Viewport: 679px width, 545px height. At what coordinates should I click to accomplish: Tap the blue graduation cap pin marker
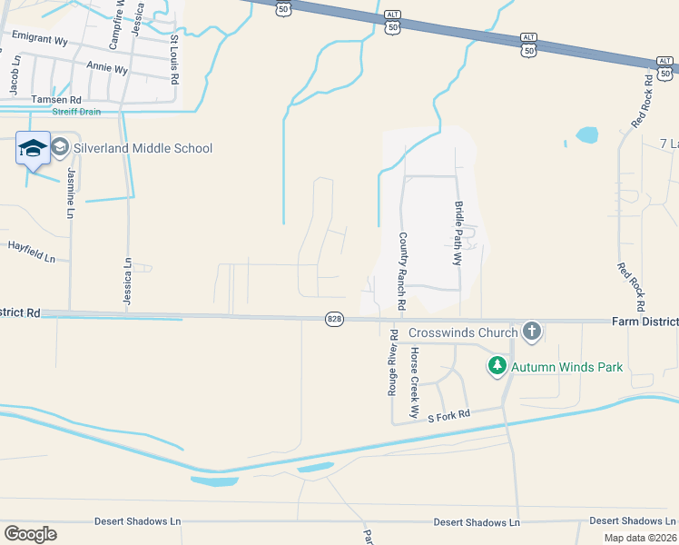coord(33,148)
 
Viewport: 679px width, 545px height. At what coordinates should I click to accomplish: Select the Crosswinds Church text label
coord(462,332)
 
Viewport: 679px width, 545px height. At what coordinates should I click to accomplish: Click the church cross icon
coord(532,332)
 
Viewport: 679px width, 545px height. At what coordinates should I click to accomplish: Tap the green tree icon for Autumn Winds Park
coord(497,366)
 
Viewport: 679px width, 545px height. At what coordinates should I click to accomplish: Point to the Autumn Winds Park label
coord(566,367)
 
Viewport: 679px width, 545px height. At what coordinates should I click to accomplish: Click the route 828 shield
coord(335,320)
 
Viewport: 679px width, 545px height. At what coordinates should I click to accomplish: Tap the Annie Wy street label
coord(106,66)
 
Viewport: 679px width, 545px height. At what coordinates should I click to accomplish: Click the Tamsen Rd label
coord(56,99)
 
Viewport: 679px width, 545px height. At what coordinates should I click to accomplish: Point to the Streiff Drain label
coord(76,112)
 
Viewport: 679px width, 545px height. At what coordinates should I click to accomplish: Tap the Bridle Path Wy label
coord(458,233)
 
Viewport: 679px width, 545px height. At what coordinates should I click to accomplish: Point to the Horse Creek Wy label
coord(414,382)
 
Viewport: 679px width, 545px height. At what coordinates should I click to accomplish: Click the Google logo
coord(30,533)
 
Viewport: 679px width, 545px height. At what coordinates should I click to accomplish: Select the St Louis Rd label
coord(174,57)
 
